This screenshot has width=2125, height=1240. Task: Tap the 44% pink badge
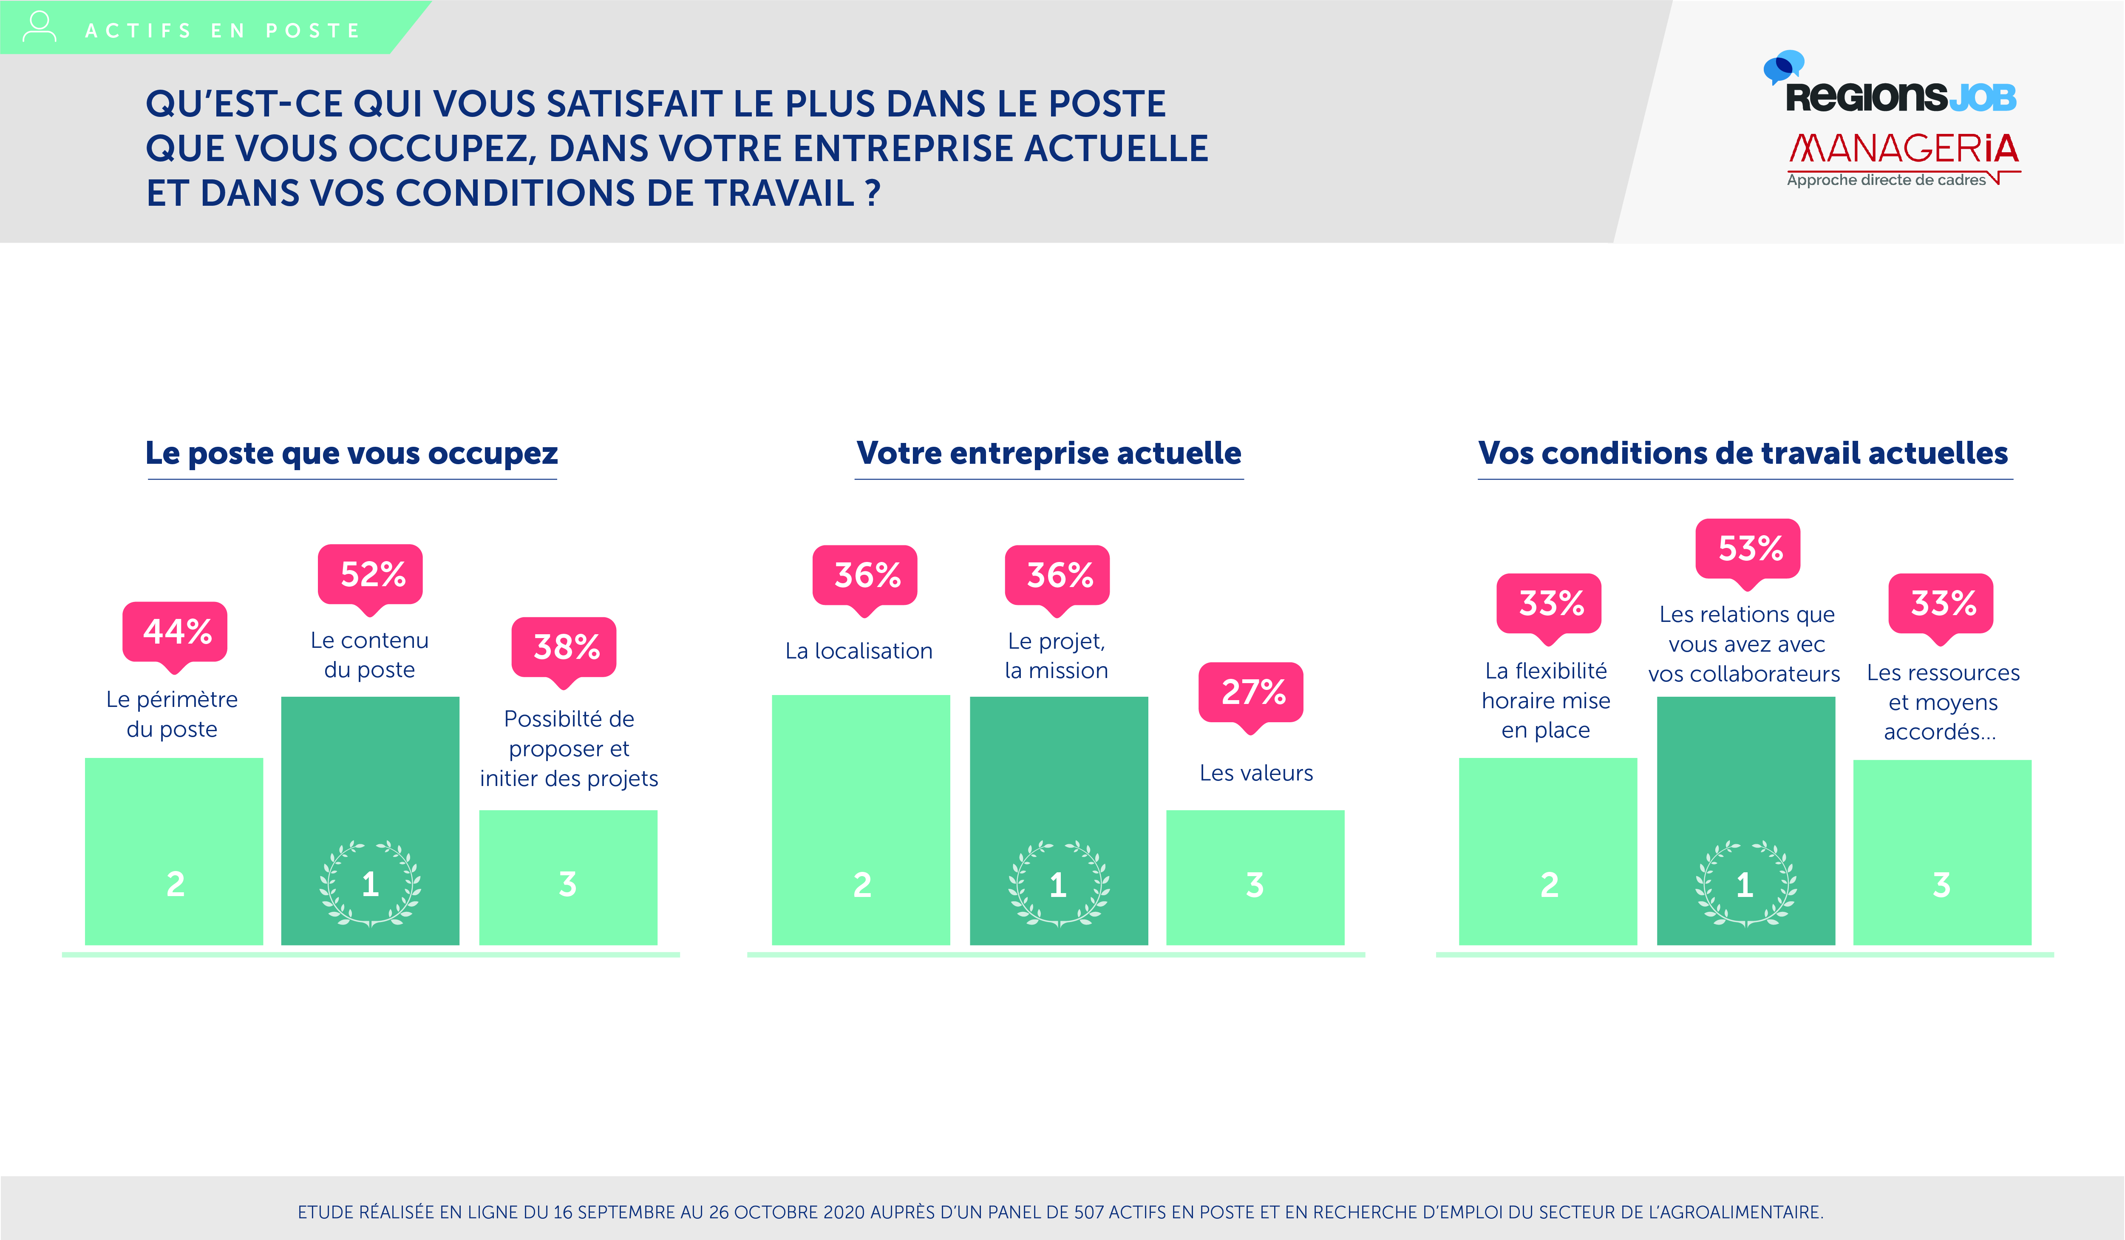tap(176, 631)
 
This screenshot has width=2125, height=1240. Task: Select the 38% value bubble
tap(565, 647)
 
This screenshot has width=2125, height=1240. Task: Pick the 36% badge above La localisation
tap(865, 575)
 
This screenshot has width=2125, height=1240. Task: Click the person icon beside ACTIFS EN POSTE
tap(39, 27)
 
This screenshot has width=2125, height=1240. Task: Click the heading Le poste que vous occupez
tap(351, 453)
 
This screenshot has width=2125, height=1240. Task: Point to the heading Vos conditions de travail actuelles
tap(1743, 453)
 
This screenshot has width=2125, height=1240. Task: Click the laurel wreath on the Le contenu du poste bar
tap(370, 883)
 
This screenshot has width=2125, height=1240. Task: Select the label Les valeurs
tap(1255, 773)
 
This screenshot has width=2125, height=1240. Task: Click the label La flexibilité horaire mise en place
tap(1546, 700)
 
